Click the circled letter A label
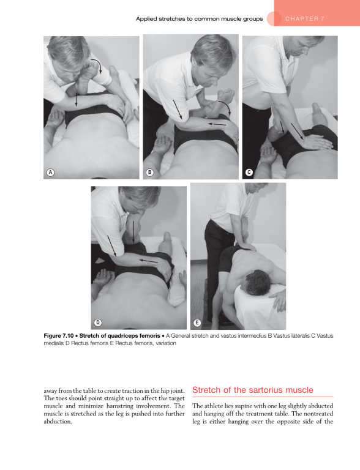pyautogui.click(x=50, y=173)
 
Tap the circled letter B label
pyautogui.click(x=150, y=173)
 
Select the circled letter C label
pyautogui.click(x=249, y=173)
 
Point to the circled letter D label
pyautogui.click(x=98, y=323)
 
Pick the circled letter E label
pyautogui.click(x=197, y=323)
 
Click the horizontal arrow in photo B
pyautogui.click(x=217, y=124)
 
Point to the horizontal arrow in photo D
pyautogui.click(x=149, y=261)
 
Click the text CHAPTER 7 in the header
pyautogui.click(x=304, y=18)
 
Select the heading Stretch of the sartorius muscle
pyautogui.click(x=253, y=390)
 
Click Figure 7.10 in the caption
pyautogui.click(x=59, y=336)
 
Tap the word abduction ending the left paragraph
pyautogui.click(x=57, y=422)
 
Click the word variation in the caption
pyautogui.click(x=165, y=343)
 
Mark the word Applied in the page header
pyautogui.click(x=146, y=19)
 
